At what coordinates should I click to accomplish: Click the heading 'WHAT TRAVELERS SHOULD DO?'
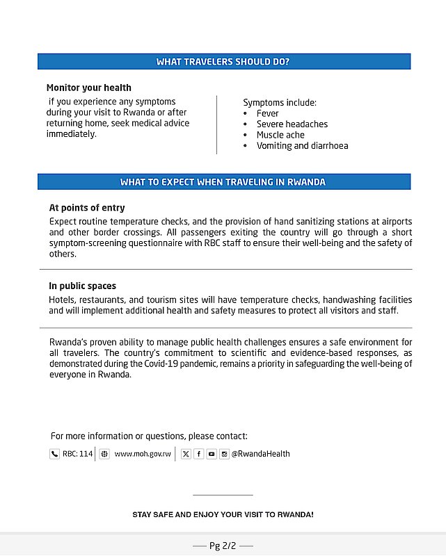[223, 62]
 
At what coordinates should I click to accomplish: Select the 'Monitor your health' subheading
[89, 88]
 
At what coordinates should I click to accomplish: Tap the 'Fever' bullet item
[267, 113]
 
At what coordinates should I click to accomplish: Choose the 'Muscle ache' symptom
[280, 135]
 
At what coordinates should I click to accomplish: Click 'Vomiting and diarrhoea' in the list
[302, 146]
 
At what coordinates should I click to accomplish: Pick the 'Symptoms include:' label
[280, 103]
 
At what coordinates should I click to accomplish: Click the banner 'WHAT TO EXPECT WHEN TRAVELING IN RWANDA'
[223, 182]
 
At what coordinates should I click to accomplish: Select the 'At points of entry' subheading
[87, 208]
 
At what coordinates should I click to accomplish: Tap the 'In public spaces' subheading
[82, 286]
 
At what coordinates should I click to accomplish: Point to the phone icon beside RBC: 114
[54, 454]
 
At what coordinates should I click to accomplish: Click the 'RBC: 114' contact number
[77, 454]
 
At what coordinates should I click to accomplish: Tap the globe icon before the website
[104, 454]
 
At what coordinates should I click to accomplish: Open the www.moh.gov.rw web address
[143, 454]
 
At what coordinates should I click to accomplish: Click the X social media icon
[186, 454]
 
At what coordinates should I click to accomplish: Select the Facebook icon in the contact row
[198, 454]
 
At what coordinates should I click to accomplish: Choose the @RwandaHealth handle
[260, 454]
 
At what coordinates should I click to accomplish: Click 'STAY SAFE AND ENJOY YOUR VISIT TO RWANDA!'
[223, 515]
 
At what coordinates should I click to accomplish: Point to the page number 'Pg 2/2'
[223, 546]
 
